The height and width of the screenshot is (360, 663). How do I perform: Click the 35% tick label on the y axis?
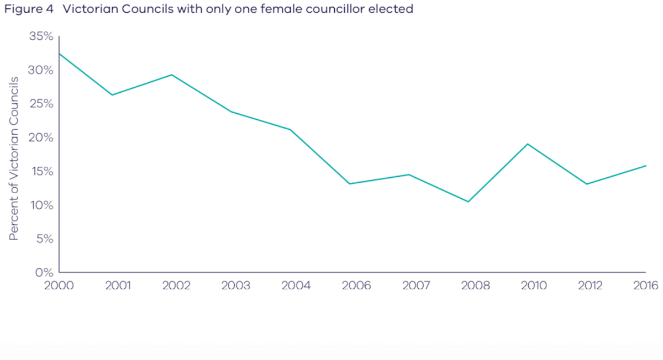coord(41,36)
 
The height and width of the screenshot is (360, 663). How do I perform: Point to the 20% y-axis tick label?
coord(41,137)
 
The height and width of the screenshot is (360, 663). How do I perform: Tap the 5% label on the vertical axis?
coord(44,239)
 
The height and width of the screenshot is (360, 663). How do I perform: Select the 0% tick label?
coord(44,272)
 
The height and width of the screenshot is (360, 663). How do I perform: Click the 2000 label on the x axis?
coord(59,285)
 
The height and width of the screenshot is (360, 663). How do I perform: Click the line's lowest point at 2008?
coord(468,202)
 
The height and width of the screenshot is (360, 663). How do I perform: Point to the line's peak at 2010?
coord(528,144)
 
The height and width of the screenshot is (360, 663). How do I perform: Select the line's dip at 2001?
coord(112,95)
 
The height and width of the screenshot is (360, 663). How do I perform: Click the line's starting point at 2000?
coord(59,54)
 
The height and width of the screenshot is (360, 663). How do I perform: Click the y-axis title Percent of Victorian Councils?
coord(14,158)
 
